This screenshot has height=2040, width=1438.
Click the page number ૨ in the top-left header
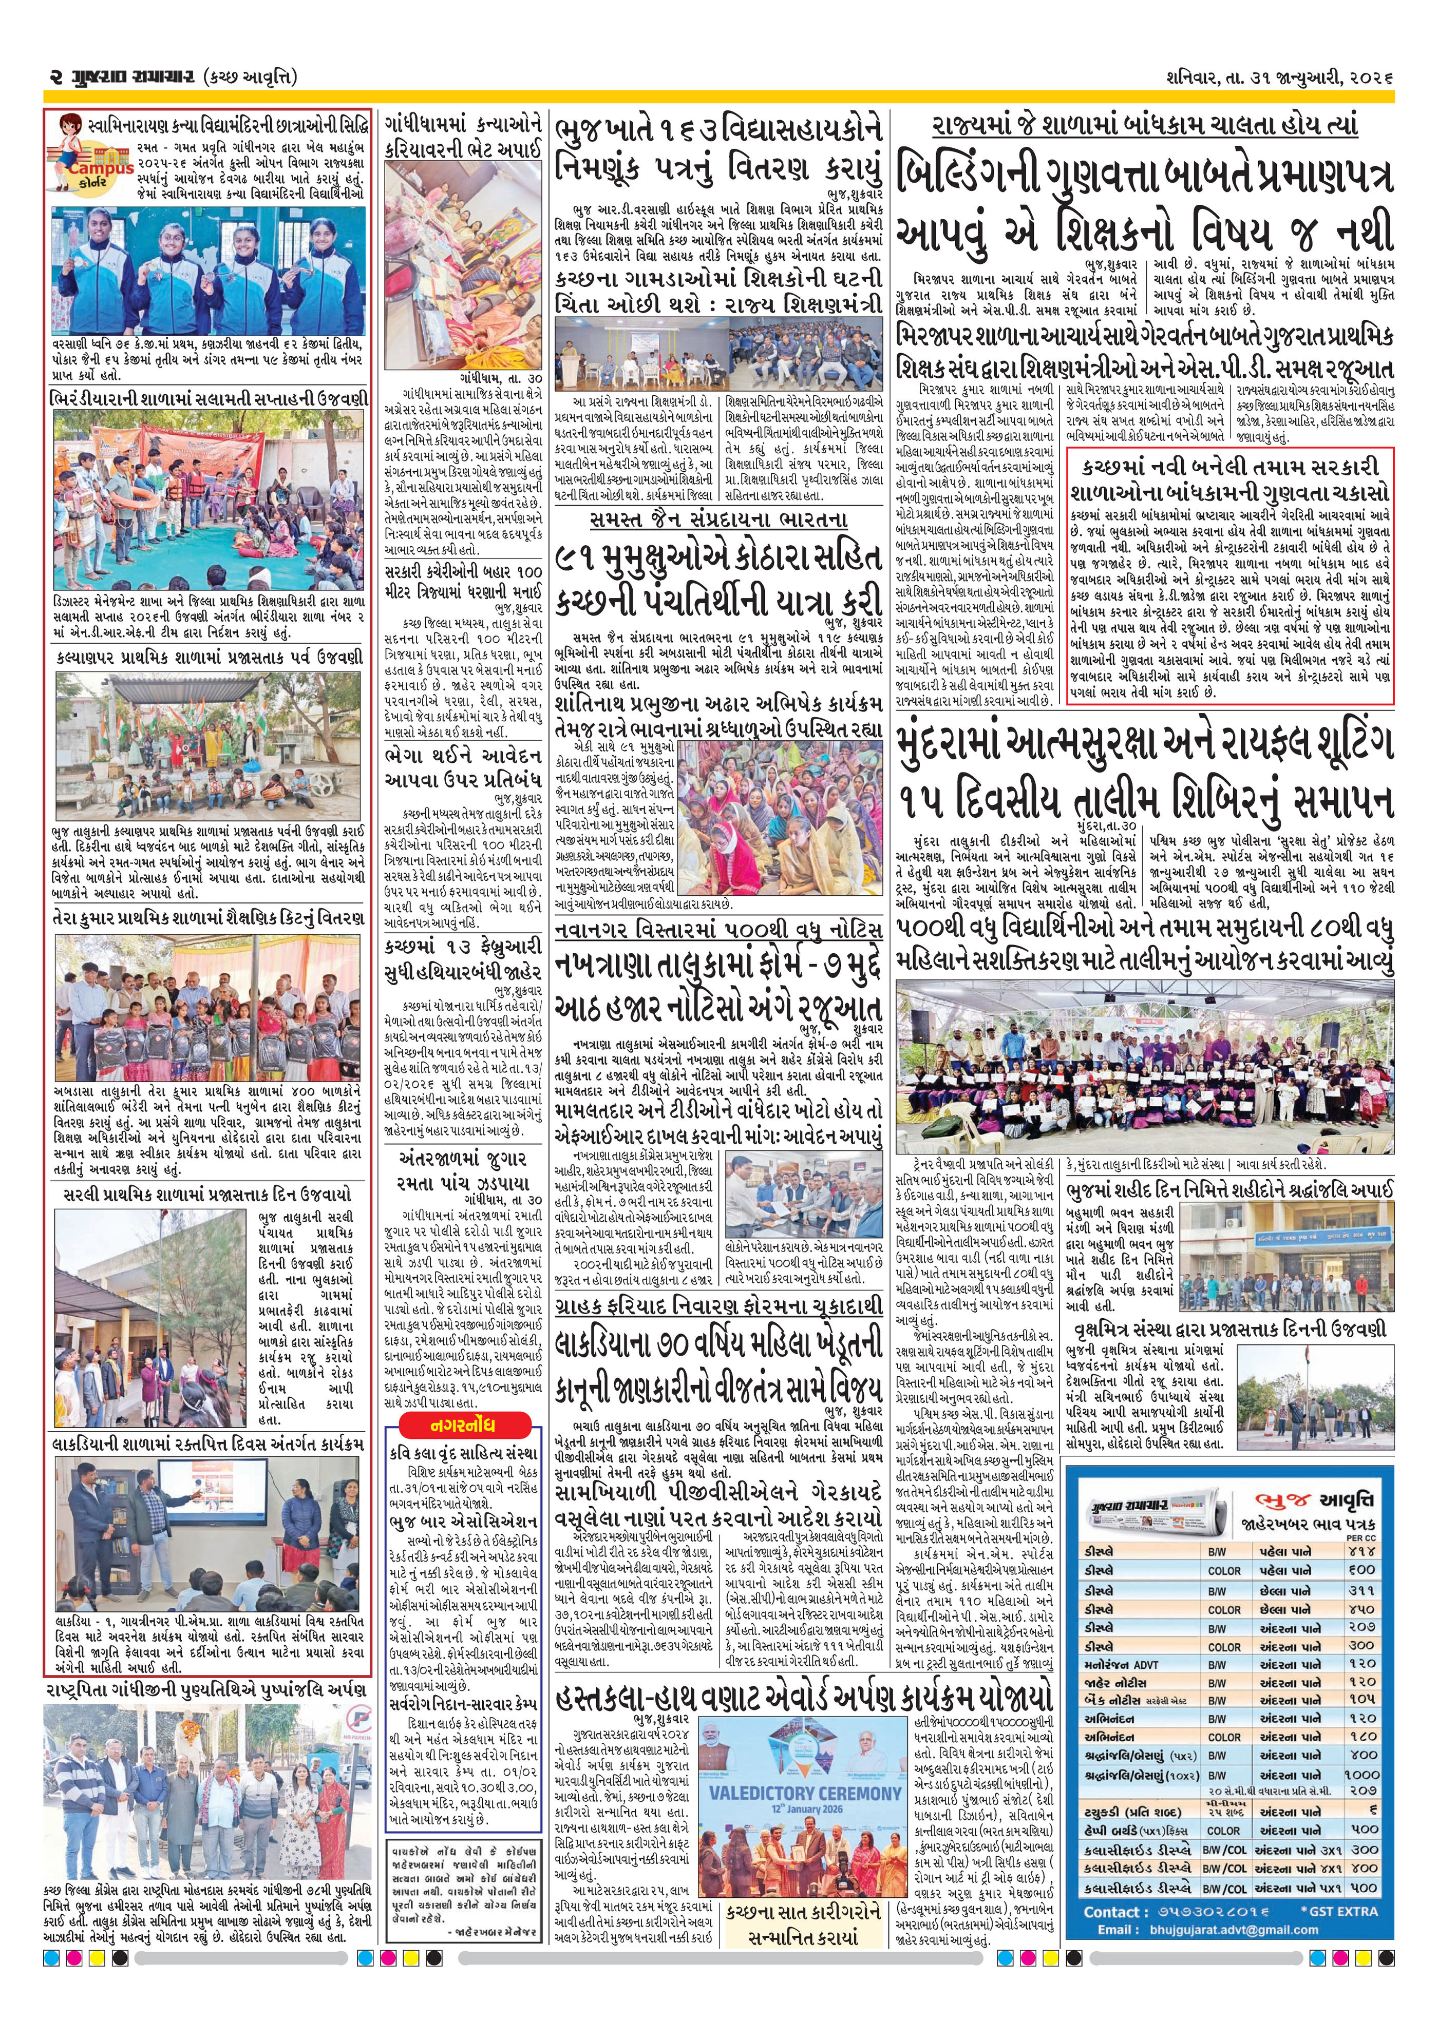(53, 78)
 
